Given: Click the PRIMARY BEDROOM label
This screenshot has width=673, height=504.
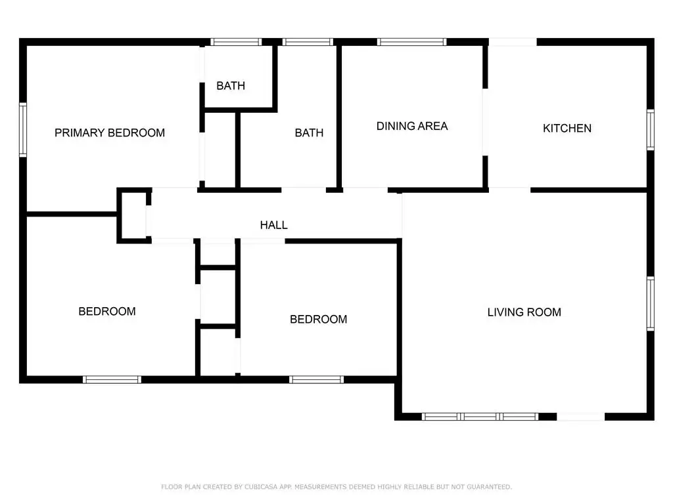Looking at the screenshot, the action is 110,133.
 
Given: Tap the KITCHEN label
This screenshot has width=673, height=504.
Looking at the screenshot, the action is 567,128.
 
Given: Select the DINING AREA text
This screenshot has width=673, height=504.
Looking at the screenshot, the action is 412,126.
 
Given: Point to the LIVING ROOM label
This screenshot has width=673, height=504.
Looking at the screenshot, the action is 524,312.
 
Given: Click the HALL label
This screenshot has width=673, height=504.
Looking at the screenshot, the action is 274,225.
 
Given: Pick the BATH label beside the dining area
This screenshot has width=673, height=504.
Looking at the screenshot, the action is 309,133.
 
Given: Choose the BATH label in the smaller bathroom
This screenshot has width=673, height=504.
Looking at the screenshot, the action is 231,86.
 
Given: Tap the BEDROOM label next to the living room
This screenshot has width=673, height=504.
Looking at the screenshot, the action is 319,320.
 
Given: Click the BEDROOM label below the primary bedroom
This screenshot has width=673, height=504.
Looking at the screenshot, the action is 107,311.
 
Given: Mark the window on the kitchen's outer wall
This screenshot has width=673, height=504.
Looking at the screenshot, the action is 651,130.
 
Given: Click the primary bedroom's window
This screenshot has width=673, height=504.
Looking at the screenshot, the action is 23,129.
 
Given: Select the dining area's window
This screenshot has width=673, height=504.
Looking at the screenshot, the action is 411,42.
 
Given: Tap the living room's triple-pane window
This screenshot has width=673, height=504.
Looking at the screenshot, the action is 480,417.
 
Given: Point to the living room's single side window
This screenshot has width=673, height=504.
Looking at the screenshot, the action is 651,304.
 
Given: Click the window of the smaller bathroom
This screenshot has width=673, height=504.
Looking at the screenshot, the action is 236,42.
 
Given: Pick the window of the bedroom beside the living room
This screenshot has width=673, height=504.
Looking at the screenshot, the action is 316,380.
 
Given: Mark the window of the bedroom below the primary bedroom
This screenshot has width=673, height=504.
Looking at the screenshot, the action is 112,380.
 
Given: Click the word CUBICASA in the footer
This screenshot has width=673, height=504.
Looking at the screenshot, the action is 261,487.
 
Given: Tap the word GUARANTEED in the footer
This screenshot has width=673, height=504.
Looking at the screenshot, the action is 489,487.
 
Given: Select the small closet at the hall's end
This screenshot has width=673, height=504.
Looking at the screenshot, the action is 134,215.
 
